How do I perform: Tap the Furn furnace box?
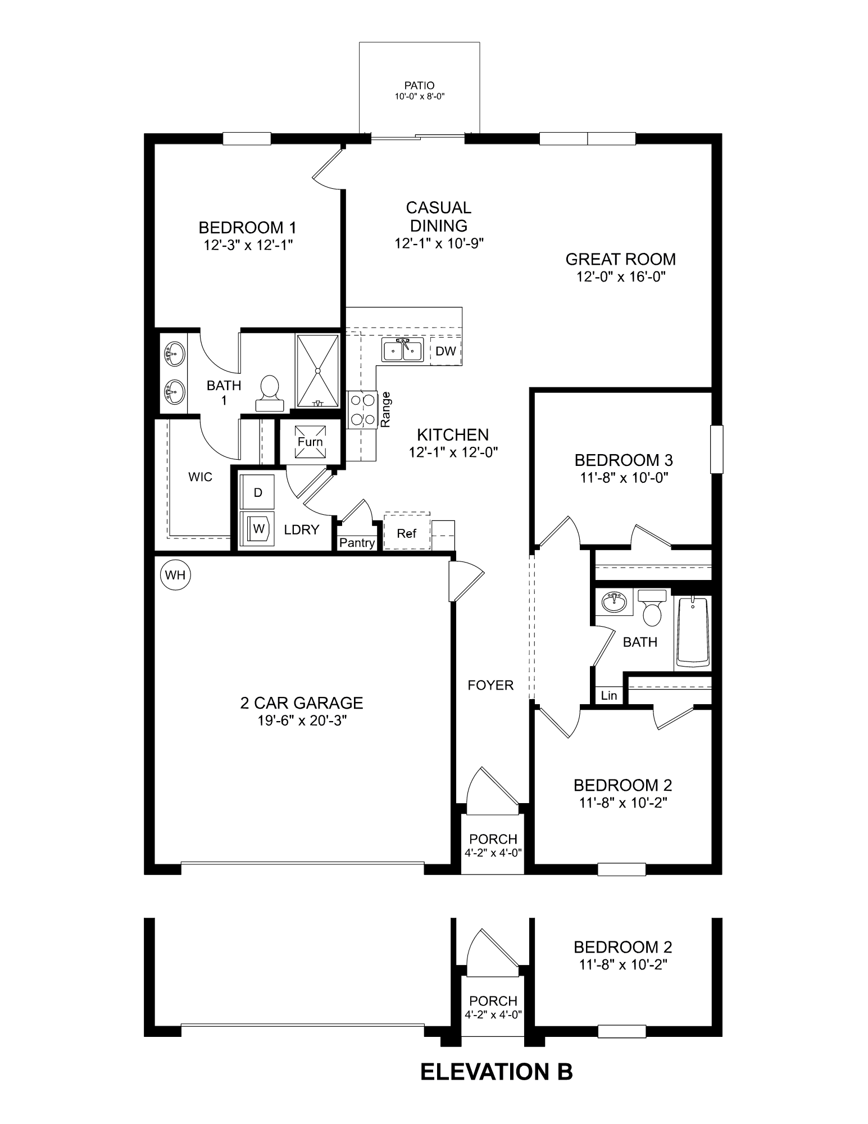coord(310,442)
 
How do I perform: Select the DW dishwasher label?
coord(446,351)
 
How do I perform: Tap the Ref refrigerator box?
coord(406,533)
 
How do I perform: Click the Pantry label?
coord(357,543)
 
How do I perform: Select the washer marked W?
coord(257,528)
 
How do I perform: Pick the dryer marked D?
coord(257,492)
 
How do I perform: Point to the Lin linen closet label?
coord(609,696)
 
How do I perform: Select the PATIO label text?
coord(419,86)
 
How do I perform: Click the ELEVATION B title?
coord(496,1072)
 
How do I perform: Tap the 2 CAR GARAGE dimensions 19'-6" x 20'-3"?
coord(302,721)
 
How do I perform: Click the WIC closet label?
coord(200,477)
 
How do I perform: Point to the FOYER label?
coord(490,685)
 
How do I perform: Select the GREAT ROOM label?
coord(620,259)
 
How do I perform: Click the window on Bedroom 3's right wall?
coord(716,449)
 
